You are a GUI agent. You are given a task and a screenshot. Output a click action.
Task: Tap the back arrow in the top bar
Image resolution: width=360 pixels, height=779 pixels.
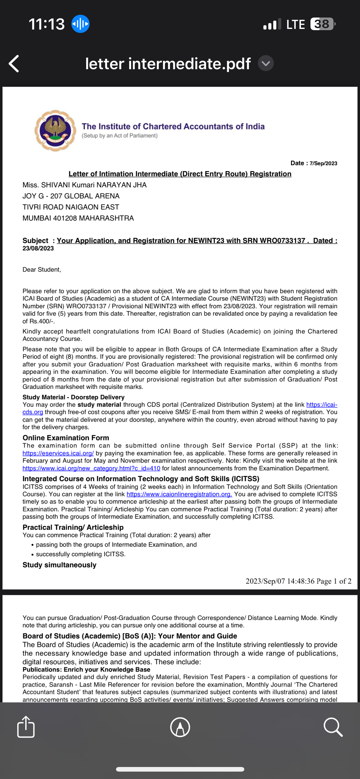pos(14,64)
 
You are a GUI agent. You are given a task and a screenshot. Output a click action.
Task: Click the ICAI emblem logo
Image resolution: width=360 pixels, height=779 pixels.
pos(55,130)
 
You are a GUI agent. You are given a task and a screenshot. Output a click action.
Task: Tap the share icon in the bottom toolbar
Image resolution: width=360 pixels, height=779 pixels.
pos(26,727)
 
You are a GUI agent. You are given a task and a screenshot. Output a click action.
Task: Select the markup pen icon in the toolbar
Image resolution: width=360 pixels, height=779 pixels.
pos(180,727)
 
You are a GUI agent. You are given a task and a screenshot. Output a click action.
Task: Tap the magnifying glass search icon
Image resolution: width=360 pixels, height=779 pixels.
pos(333,727)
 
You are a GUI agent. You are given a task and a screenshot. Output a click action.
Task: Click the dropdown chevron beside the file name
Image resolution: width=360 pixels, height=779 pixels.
pos(266,63)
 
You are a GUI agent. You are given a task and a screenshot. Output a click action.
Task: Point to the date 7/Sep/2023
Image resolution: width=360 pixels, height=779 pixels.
pos(323,163)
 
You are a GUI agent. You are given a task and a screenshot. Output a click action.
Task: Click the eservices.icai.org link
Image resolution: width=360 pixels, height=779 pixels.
pos(58,453)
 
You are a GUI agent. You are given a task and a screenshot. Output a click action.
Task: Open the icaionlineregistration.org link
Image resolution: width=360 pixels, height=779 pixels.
pos(179,494)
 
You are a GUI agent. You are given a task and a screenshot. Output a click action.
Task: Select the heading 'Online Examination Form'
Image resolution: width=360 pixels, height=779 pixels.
pos(66,438)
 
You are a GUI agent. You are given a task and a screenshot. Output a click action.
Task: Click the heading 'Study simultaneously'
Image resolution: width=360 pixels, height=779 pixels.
pos(59,565)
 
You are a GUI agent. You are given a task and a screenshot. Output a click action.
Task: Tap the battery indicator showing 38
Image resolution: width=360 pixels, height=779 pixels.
pos(322,24)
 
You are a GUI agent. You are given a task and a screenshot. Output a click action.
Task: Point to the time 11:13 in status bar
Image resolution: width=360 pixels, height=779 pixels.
pos(47,24)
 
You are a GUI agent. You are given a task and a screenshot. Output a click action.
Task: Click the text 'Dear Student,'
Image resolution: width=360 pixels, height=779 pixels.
pos(42,270)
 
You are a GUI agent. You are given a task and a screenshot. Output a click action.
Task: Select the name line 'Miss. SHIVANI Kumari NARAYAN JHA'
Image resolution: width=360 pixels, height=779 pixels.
pos(85,185)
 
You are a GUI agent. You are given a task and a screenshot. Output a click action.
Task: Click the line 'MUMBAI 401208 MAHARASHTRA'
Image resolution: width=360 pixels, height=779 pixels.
pos(78,218)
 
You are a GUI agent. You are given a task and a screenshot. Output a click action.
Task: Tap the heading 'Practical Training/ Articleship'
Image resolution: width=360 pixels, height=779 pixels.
pos(73,527)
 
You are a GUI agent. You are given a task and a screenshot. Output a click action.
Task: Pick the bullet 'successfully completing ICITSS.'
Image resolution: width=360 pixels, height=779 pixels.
pos(81,554)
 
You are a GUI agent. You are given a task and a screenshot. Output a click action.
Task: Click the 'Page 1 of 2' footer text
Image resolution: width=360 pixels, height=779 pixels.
pos(334,581)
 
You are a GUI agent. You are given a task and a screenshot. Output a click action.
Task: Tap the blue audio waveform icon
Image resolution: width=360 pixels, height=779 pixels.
pos(80,24)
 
